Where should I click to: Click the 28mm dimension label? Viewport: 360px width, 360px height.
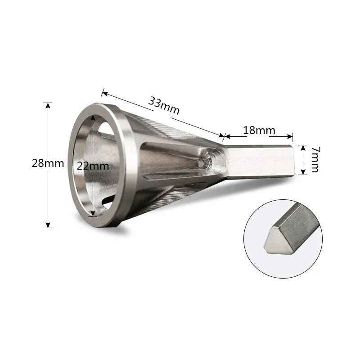click(48, 163)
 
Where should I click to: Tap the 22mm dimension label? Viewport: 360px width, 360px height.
click(93, 166)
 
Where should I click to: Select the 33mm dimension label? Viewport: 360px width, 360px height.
click(164, 105)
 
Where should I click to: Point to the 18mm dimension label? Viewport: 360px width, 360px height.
click(259, 130)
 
